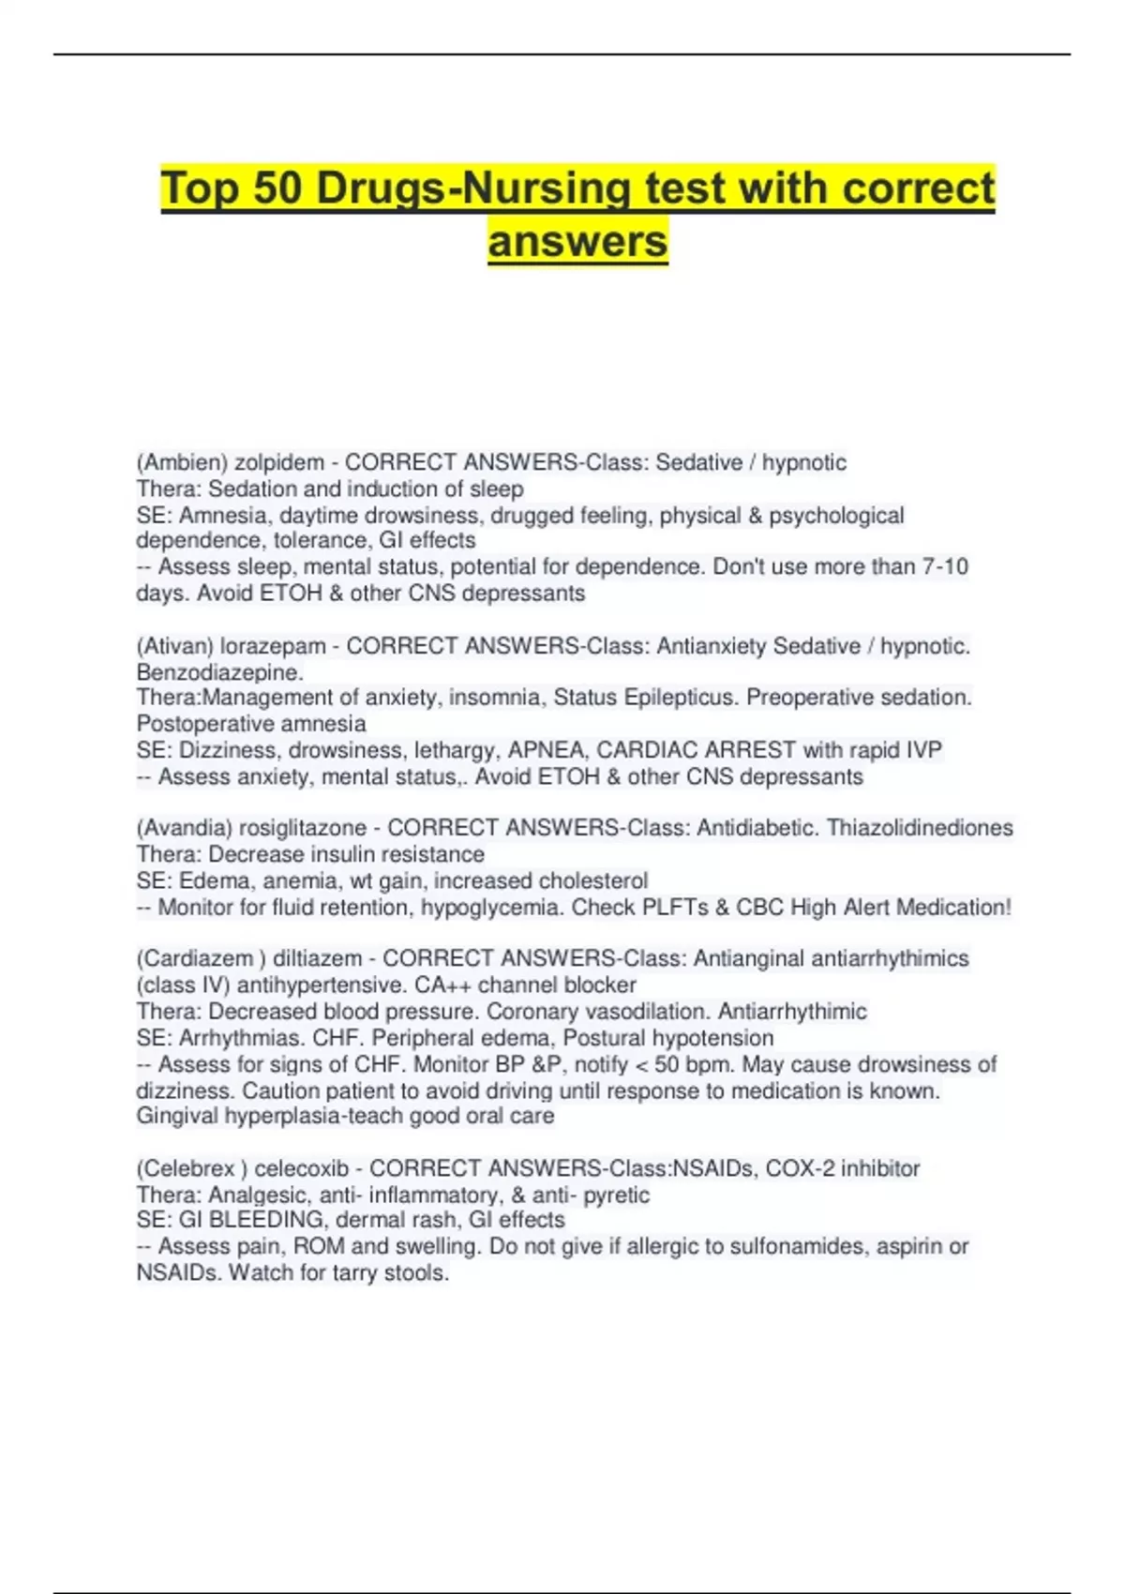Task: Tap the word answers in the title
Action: pyautogui.click(x=577, y=241)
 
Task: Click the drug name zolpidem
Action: pyautogui.click(x=278, y=462)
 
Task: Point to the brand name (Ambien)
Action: pyautogui.click(x=182, y=462)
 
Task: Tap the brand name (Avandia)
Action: pyautogui.click(x=185, y=828)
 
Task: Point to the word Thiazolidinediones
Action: pyautogui.click(x=920, y=828)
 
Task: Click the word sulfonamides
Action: pyautogui.click(x=800, y=1246)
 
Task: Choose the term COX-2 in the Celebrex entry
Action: pyautogui.click(x=796, y=1168)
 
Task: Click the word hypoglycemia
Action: pyautogui.click(x=492, y=908)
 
